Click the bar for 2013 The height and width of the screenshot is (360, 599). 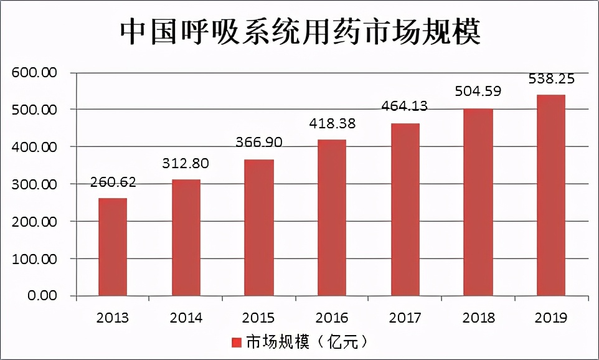tap(113, 247)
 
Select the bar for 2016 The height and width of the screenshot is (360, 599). tap(332, 217)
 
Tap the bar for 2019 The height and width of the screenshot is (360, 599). tap(551, 195)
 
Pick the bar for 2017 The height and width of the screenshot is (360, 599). tap(405, 209)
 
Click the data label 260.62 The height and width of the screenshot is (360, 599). tap(113, 183)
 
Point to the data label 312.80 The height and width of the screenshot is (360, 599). tap(186, 164)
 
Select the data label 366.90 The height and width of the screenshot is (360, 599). tap(259, 143)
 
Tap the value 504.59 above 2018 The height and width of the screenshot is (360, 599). tap(478, 92)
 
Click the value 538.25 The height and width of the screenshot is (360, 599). tap(551, 79)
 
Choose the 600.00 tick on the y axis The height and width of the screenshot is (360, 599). tap(35, 73)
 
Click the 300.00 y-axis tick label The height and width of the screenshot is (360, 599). tap(35, 184)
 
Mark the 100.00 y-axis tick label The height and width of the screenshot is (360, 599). tap(35, 258)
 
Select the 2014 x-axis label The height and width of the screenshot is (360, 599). tap(186, 318)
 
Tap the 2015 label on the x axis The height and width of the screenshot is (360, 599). tap(259, 318)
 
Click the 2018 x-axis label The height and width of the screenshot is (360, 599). tap(478, 318)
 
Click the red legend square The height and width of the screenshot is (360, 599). tap(236, 343)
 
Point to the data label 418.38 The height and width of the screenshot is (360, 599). tap(332, 123)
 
